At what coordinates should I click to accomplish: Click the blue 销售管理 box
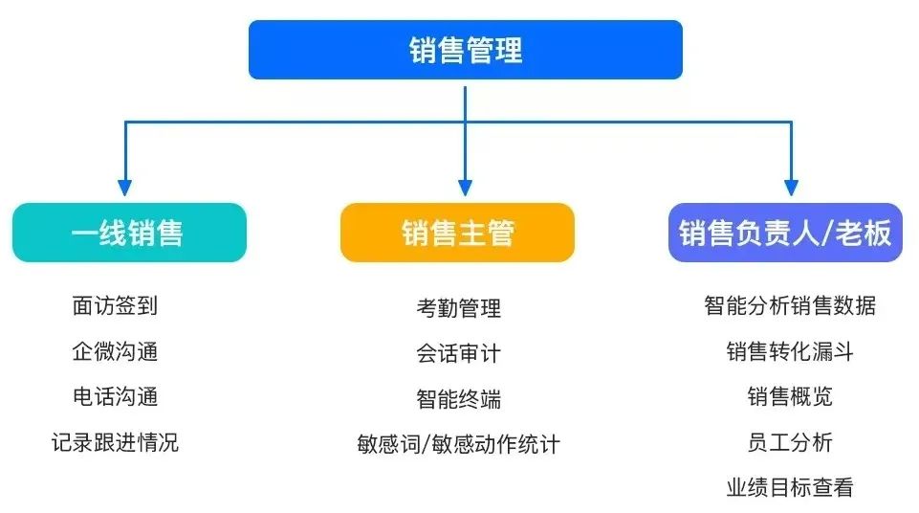465,50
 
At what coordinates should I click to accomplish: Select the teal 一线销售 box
129,233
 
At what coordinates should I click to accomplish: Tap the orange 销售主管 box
457,233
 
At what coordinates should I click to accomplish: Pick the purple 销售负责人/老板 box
785,233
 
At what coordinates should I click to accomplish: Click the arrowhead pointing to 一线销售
124,188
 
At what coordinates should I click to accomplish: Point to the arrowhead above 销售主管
465,188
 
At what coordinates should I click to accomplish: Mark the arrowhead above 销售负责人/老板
791,188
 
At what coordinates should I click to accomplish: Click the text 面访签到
115,306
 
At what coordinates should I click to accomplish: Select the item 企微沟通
115,351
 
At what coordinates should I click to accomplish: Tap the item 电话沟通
115,396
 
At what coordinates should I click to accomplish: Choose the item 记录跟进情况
115,442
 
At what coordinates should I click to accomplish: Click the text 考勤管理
458,308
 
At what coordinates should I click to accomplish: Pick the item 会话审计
458,353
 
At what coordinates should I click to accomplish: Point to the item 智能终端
458,398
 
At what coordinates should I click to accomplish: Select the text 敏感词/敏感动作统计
458,444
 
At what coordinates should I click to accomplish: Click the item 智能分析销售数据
790,306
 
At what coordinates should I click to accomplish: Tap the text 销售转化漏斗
790,351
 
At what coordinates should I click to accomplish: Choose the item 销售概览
790,396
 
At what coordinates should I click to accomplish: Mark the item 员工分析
790,442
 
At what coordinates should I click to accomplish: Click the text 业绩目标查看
790,487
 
